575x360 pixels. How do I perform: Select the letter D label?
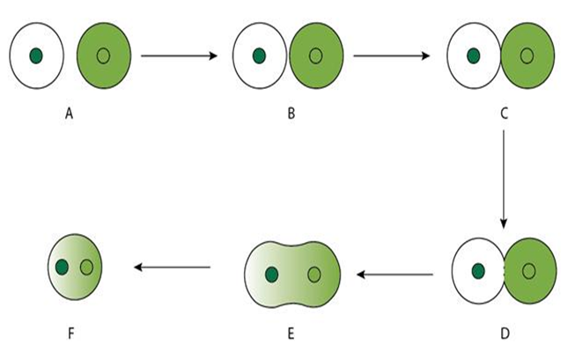click(x=503, y=334)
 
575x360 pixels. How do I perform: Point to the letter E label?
click(x=291, y=334)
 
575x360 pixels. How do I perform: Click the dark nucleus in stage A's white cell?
click(x=36, y=56)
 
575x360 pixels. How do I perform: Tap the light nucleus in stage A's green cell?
click(x=103, y=56)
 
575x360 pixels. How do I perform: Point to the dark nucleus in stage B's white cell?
click(x=259, y=56)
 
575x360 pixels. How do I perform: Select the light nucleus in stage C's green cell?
click(x=527, y=56)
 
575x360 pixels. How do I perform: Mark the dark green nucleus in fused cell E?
click(x=271, y=275)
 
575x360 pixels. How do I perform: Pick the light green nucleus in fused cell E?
click(x=314, y=275)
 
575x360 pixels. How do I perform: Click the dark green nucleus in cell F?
click(x=63, y=266)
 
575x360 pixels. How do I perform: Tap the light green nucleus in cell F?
click(x=86, y=266)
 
